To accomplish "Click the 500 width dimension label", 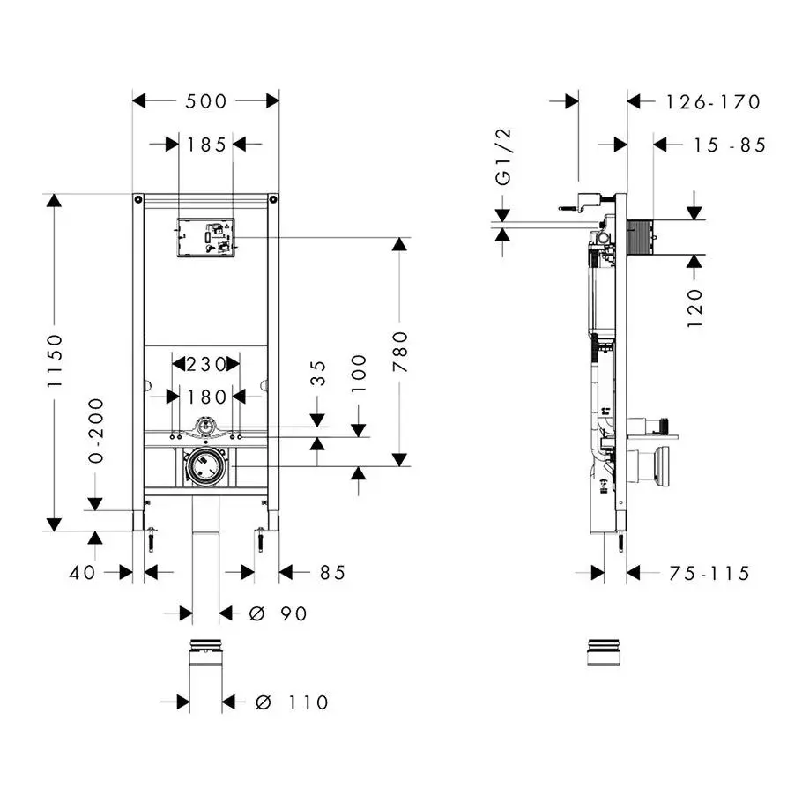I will coord(206,101).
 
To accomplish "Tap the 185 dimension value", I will coord(207,145).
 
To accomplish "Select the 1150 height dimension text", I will coord(56,361).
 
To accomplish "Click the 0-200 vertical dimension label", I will coord(96,430).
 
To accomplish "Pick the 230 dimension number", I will coord(205,364).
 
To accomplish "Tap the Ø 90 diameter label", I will coord(278,613).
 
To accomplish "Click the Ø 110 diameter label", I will coord(291,702).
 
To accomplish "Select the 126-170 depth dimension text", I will coord(712,102).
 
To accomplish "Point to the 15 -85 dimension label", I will coord(716,145).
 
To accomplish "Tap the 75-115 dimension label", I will coord(709,574).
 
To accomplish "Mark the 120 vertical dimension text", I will coord(695,307).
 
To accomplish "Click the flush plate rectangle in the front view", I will coord(205,238).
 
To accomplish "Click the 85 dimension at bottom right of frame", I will coord(332,573).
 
